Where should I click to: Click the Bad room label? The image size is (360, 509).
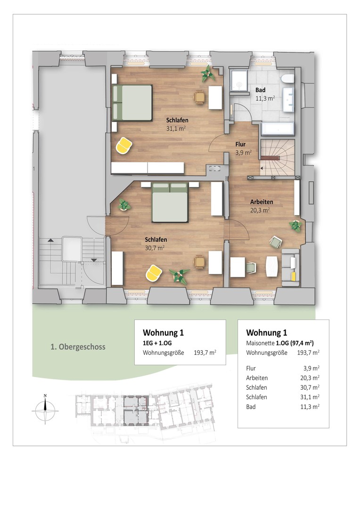[261, 90]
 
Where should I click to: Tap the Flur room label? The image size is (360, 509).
[240, 144]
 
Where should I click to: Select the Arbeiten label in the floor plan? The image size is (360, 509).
[262, 202]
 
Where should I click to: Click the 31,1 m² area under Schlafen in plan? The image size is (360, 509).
[176, 129]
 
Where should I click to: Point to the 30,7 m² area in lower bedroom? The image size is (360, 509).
[155, 248]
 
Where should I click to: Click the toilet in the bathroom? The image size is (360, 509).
[288, 79]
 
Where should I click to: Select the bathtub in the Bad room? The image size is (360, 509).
[278, 129]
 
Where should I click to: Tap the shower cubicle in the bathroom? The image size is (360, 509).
[238, 81]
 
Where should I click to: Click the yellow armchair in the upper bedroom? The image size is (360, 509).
[124, 145]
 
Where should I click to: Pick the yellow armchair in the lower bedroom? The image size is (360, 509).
[154, 273]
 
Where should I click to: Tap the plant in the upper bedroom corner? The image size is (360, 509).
[207, 74]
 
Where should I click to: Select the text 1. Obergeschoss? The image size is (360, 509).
[78, 347]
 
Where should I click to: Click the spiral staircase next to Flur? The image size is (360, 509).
[278, 157]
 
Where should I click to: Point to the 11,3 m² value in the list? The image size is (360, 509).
[310, 407]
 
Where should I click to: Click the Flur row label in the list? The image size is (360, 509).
[251, 369]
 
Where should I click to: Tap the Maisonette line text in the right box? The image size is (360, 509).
[280, 343]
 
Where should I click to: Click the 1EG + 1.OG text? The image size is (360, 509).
[157, 343]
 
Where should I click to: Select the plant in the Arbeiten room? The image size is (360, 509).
[295, 225]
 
